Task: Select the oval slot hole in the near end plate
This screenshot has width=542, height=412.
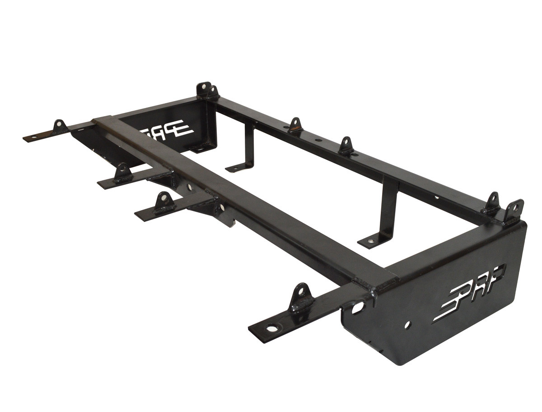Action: (358, 308)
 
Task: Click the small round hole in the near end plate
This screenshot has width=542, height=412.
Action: (408, 325)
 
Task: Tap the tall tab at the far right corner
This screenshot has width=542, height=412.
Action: (514, 211)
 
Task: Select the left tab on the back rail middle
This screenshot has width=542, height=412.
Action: (295, 125)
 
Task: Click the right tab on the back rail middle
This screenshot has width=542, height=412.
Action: (346, 145)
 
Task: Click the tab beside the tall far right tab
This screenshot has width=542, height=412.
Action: (492, 203)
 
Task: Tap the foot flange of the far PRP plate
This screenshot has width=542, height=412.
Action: (199, 148)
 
